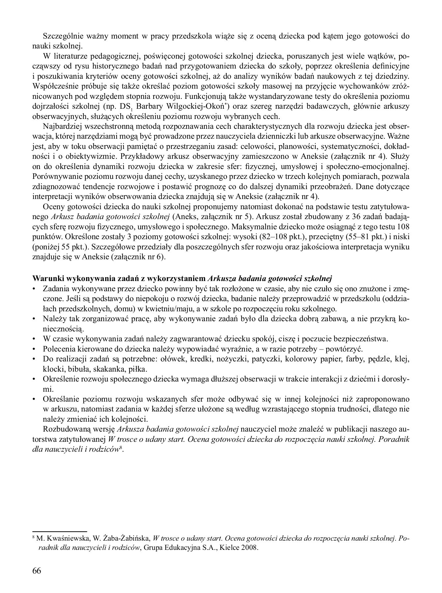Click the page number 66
click(x=37, y=571)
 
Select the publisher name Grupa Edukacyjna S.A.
click(x=185, y=549)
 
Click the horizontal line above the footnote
click(x=59, y=531)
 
